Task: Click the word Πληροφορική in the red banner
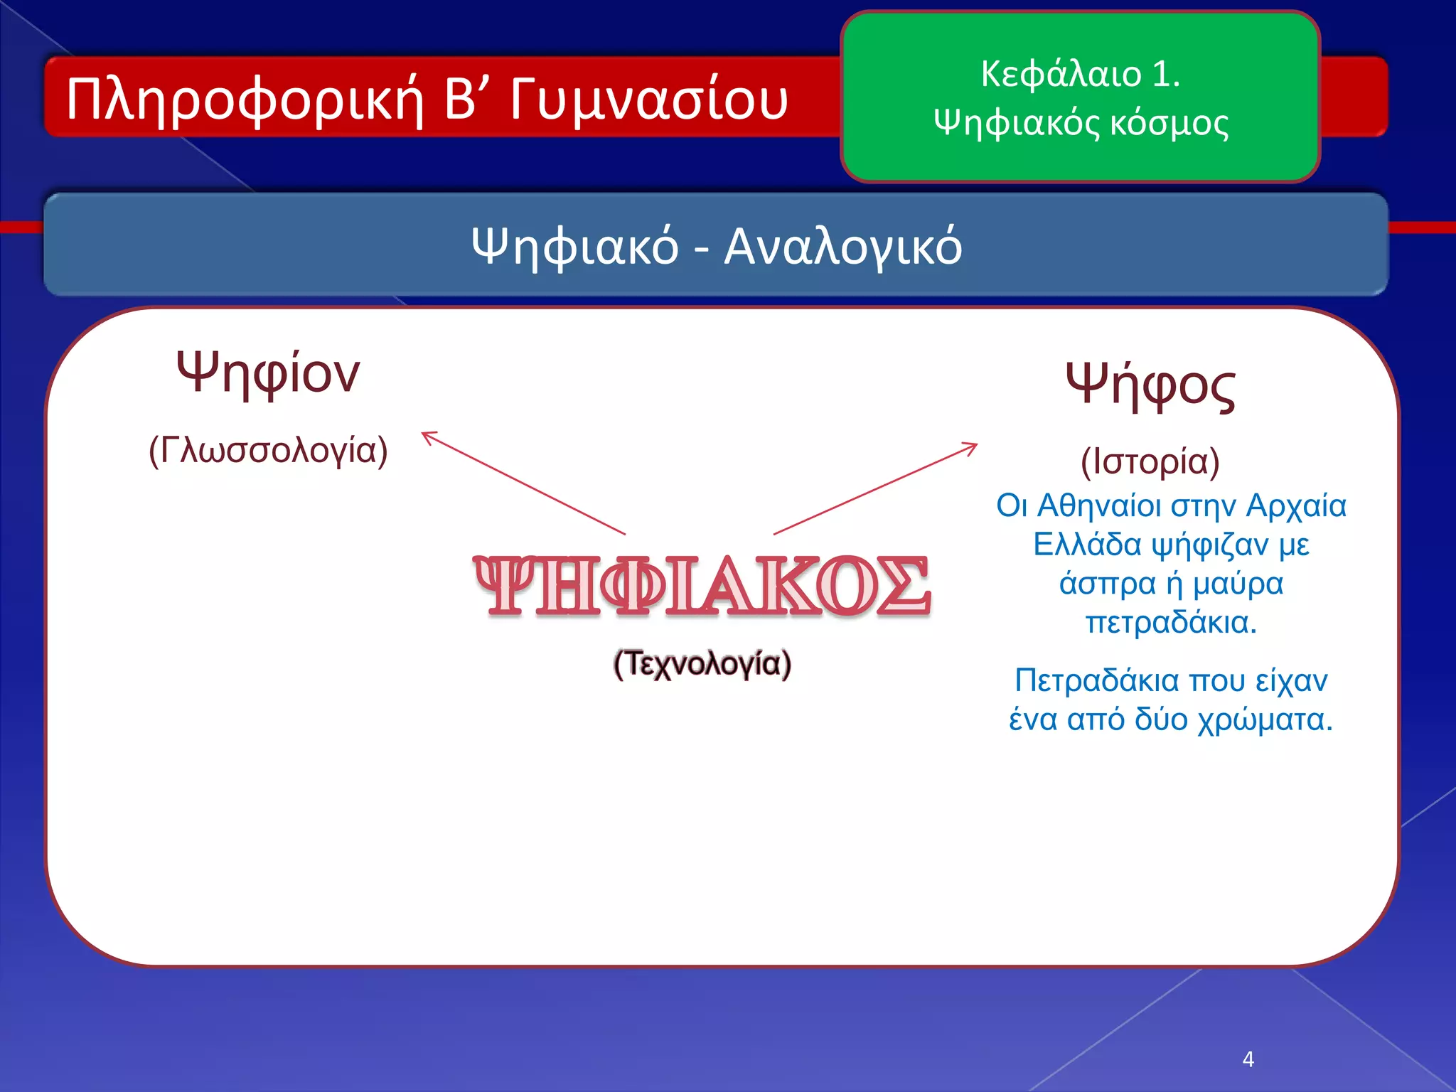[x=245, y=100]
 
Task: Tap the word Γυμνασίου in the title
[x=648, y=100]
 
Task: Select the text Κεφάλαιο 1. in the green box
[x=1080, y=74]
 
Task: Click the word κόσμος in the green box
[x=1169, y=122]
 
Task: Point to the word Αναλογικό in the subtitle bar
[x=842, y=247]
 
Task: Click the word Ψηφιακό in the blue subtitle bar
[x=574, y=247]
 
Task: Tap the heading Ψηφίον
[x=268, y=373]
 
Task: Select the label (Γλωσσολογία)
[x=268, y=451]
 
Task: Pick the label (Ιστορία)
[x=1150, y=462]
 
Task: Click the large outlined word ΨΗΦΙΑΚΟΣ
[x=702, y=586]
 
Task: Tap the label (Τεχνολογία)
[x=702, y=664]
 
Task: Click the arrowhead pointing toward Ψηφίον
[x=427, y=435]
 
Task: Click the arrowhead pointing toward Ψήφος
[x=973, y=446]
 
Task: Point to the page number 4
[x=1248, y=1059]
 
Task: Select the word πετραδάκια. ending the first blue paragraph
[x=1171, y=623]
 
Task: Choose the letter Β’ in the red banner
[x=463, y=100]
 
